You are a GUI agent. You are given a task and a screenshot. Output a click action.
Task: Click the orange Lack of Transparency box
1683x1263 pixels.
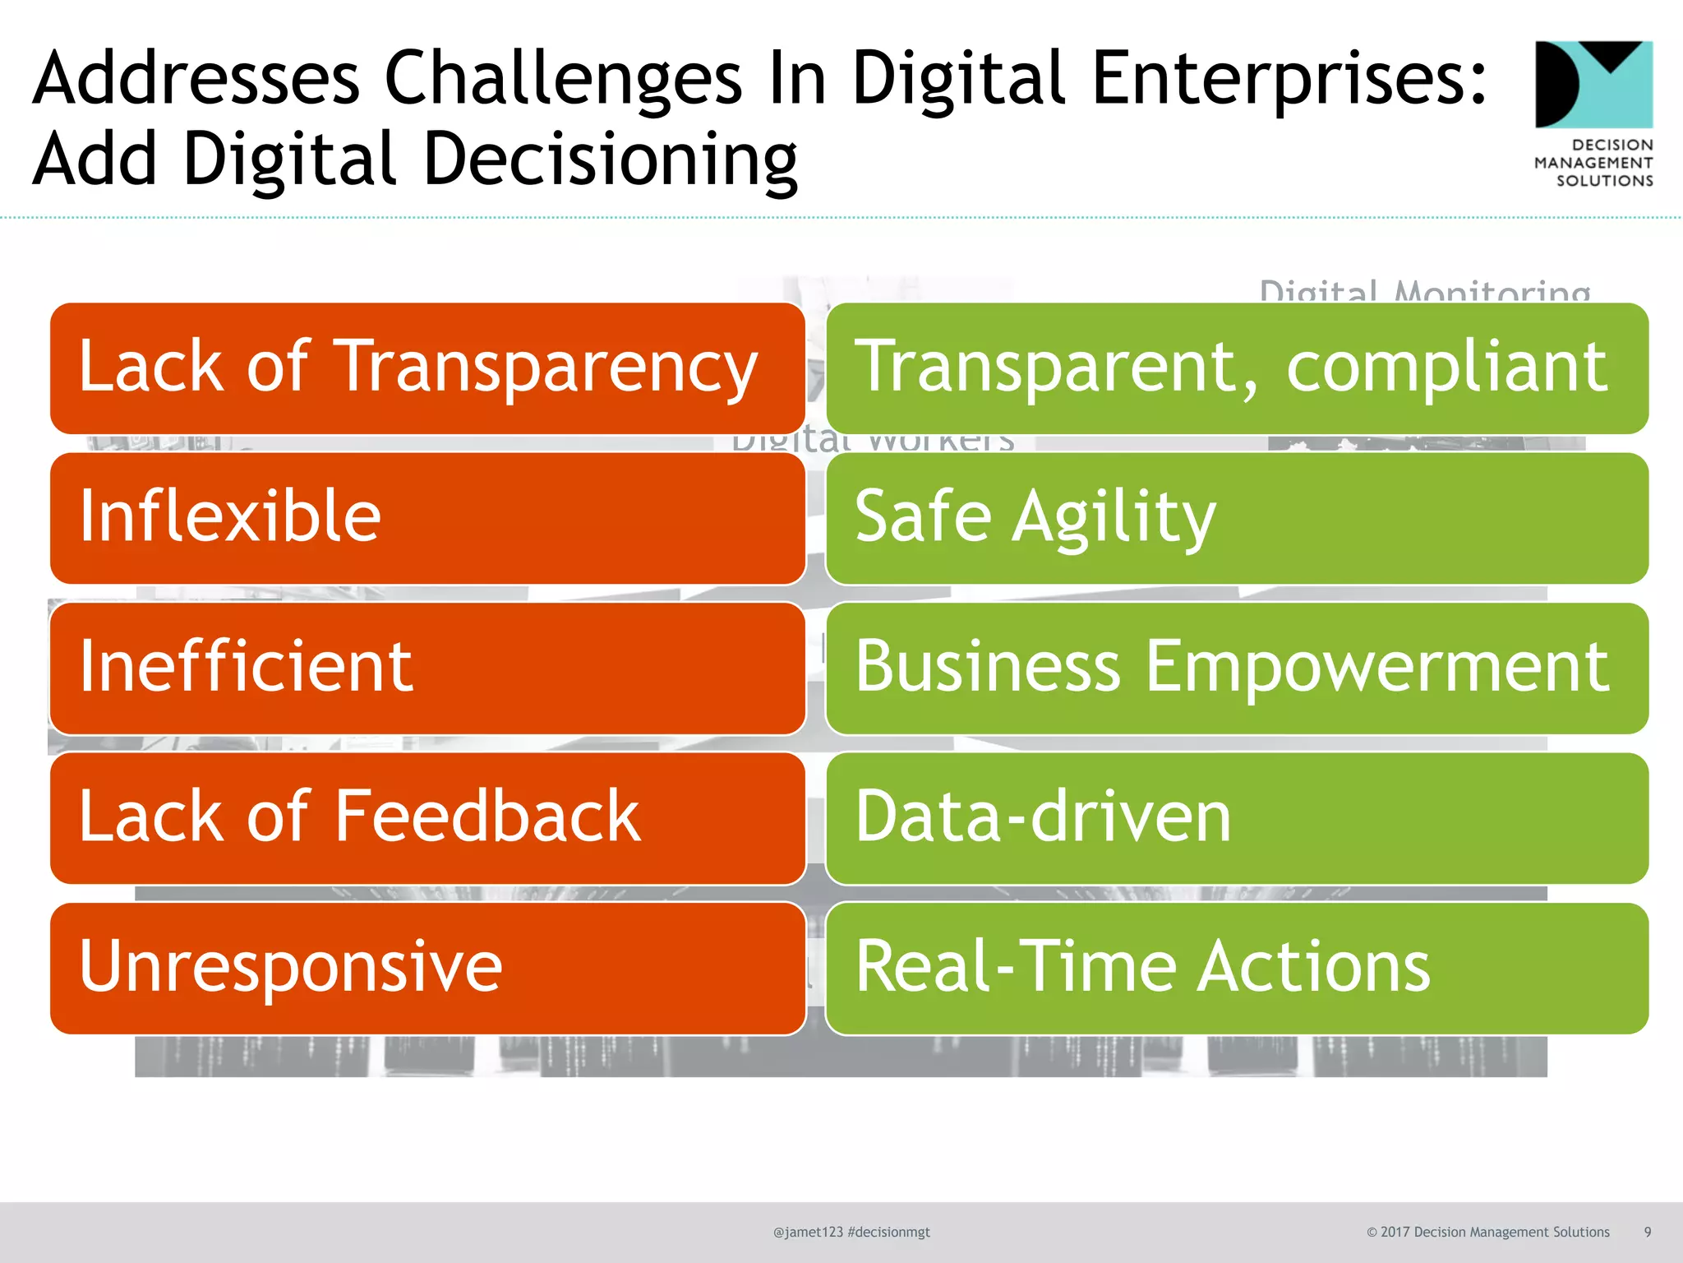click(x=427, y=368)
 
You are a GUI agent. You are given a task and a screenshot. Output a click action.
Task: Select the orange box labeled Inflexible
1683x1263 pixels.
click(x=427, y=518)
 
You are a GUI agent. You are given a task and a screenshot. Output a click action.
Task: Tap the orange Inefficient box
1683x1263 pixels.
click(x=427, y=668)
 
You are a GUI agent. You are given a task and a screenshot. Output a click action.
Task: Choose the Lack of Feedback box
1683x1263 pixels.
click(x=427, y=818)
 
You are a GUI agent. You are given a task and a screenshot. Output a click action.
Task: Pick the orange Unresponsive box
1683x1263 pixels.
click(x=427, y=968)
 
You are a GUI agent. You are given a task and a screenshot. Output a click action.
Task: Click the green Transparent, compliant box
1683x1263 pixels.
click(x=1237, y=368)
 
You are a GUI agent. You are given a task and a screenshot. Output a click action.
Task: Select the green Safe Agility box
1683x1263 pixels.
click(x=1237, y=518)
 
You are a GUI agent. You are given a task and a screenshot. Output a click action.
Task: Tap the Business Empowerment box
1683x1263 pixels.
click(x=1237, y=668)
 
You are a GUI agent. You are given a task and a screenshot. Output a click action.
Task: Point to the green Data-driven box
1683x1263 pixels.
click(x=1237, y=818)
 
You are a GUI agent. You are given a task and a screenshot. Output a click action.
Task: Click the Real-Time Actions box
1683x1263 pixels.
click(x=1237, y=968)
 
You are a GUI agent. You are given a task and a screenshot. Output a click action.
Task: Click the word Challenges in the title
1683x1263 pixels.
click(x=563, y=80)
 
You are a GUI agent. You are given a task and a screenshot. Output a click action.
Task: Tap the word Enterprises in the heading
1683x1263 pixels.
click(x=1288, y=80)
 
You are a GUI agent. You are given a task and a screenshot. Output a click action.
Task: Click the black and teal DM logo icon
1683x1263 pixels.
click(x=1593, y=85)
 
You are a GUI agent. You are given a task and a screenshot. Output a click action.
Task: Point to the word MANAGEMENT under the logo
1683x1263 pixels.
click(x=1593, y=163)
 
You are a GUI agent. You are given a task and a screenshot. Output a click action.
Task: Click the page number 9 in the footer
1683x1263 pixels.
click(x=1647, y=1232)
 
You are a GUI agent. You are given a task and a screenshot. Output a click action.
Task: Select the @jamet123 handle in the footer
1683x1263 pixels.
click(x=808, y=1232)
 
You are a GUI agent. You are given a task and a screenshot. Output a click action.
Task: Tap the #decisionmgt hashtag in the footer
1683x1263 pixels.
click(x=888, y=1232)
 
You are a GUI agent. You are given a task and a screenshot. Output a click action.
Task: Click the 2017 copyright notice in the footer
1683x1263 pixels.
click(x=1487, y=1232)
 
